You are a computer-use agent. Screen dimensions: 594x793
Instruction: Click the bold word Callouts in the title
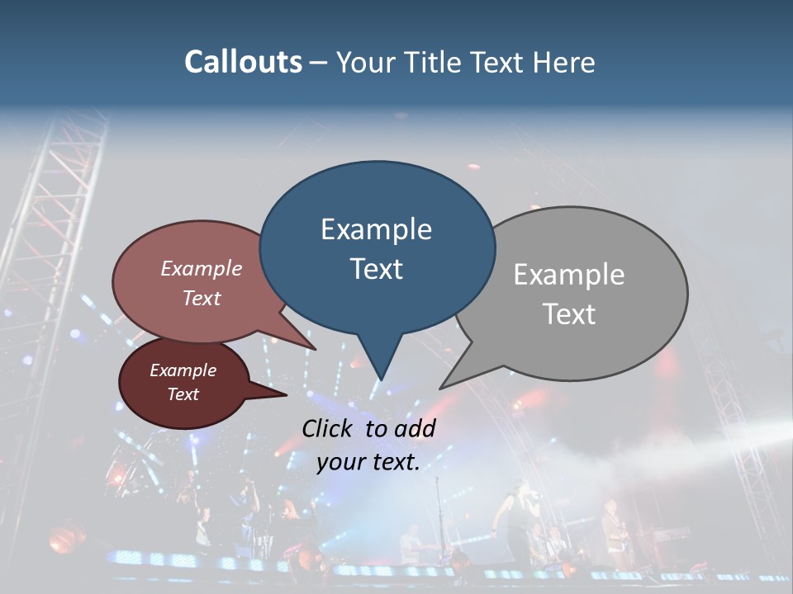(243, 63)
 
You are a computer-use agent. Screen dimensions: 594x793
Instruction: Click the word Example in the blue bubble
(376, 229)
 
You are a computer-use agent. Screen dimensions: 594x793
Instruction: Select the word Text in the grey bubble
(569, 314)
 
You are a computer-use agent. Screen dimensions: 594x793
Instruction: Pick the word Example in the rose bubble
(202, 268)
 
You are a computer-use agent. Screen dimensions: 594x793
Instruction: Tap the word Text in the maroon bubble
(183, 394)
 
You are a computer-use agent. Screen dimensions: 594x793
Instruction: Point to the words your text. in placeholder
(368, 462)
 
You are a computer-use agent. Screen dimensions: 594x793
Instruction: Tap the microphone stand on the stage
(439, 528)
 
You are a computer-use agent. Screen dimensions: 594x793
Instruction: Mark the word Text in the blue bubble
(376, 269)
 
